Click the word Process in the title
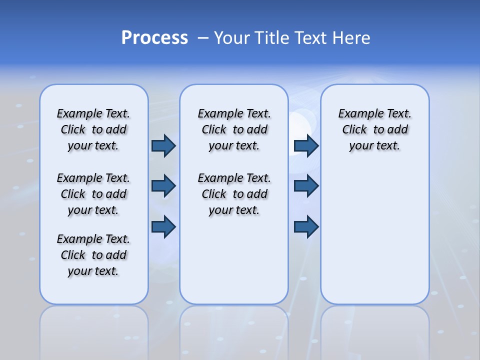(x=154, y=37)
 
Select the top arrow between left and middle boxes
(x=163, y=145)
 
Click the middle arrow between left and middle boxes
(x=163, y=186)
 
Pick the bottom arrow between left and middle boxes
(x=163, y=226)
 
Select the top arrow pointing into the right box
(x=306, y=145)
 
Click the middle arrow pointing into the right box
(x=306, y=186)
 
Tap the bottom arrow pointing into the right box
(x=306, y=226)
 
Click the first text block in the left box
(x=93, y=129)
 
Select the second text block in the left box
(x=93, y=194)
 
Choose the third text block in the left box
(x=93, y=255)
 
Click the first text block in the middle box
(x=234, y=129)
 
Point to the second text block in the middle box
(x=234, y=194)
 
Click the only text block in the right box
(x=375, y=129)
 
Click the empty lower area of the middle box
(x=234, y=260)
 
